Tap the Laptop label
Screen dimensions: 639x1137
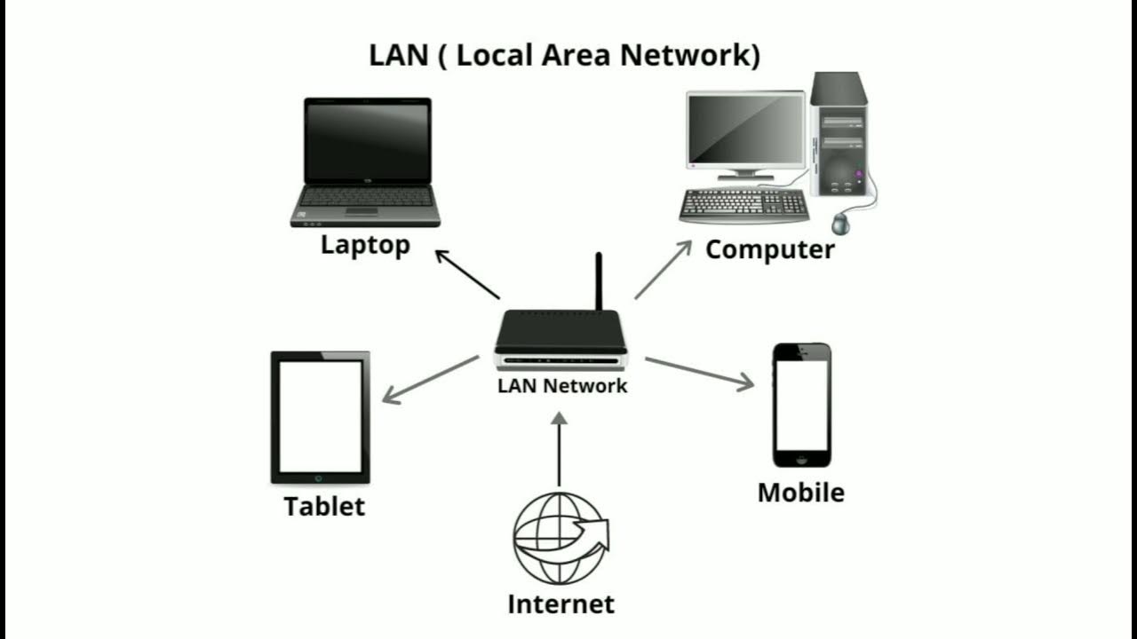click(x=365, y=245)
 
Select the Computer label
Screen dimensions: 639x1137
click(x=770, y=249)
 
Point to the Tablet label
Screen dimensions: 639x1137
click(x=324, y=507)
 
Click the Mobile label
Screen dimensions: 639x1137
click(x=800, y=493)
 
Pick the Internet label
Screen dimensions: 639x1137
click(x=561, y=604)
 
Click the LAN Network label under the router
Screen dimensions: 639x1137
click(x=562, y=386)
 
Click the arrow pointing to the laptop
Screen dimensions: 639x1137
click(x=467, y=274)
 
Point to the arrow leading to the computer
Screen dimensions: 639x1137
click(x=663, y=270)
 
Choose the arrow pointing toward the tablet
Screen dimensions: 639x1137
click(x=430, y=380)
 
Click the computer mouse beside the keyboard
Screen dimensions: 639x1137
click(x=840, y=224)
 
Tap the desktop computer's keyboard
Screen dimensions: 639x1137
click(x=743, y=206)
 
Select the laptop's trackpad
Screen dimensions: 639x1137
click(x=362, y=211)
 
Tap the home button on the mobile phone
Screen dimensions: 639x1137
click(x=801, y=459)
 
